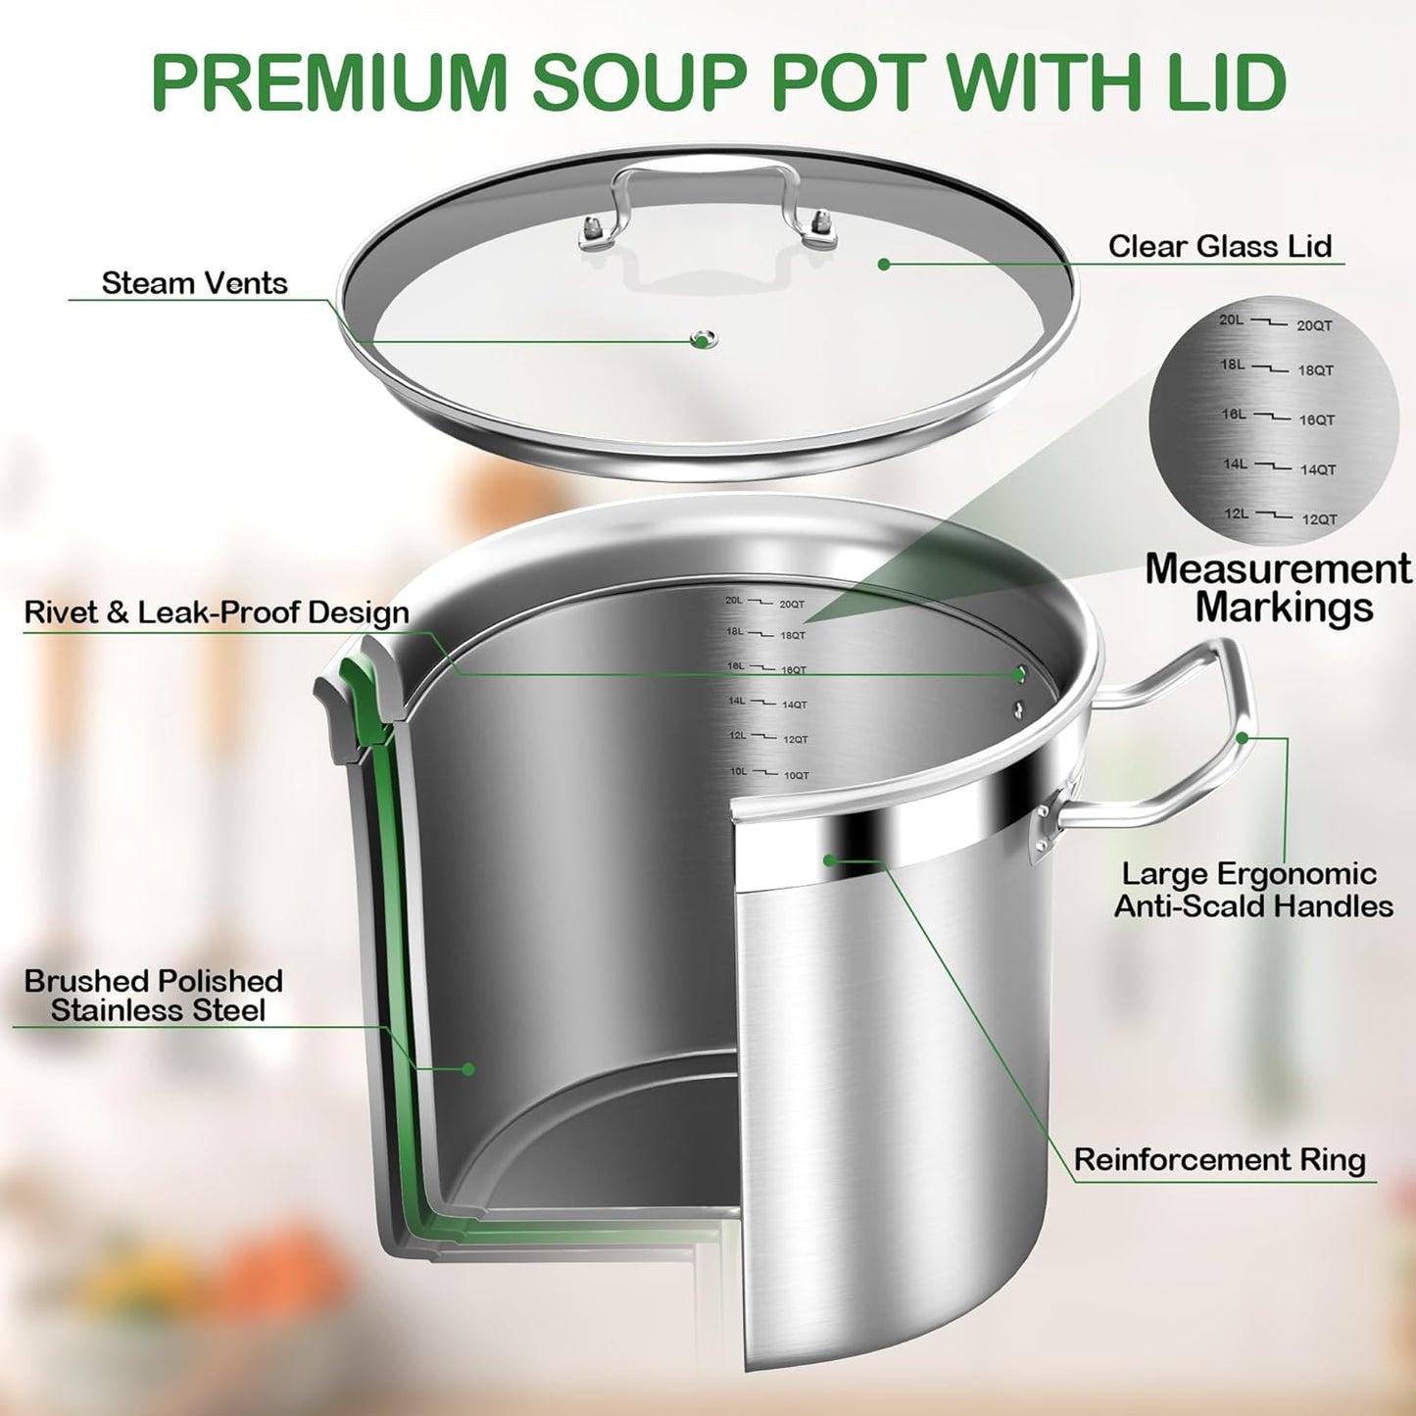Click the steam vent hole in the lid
703,340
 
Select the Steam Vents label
194,283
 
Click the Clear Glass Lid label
1220,246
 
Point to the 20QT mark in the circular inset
1314,326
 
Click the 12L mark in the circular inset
1236,513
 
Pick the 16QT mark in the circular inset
1316,420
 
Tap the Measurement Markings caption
1280,587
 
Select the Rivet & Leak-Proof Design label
217,612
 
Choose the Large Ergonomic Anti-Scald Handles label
1252,890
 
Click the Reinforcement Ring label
1219,1160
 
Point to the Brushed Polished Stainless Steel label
154,996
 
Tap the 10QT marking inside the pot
797,776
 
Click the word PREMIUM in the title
328,83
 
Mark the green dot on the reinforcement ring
829,860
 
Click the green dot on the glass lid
884,265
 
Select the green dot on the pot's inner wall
468,1069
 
